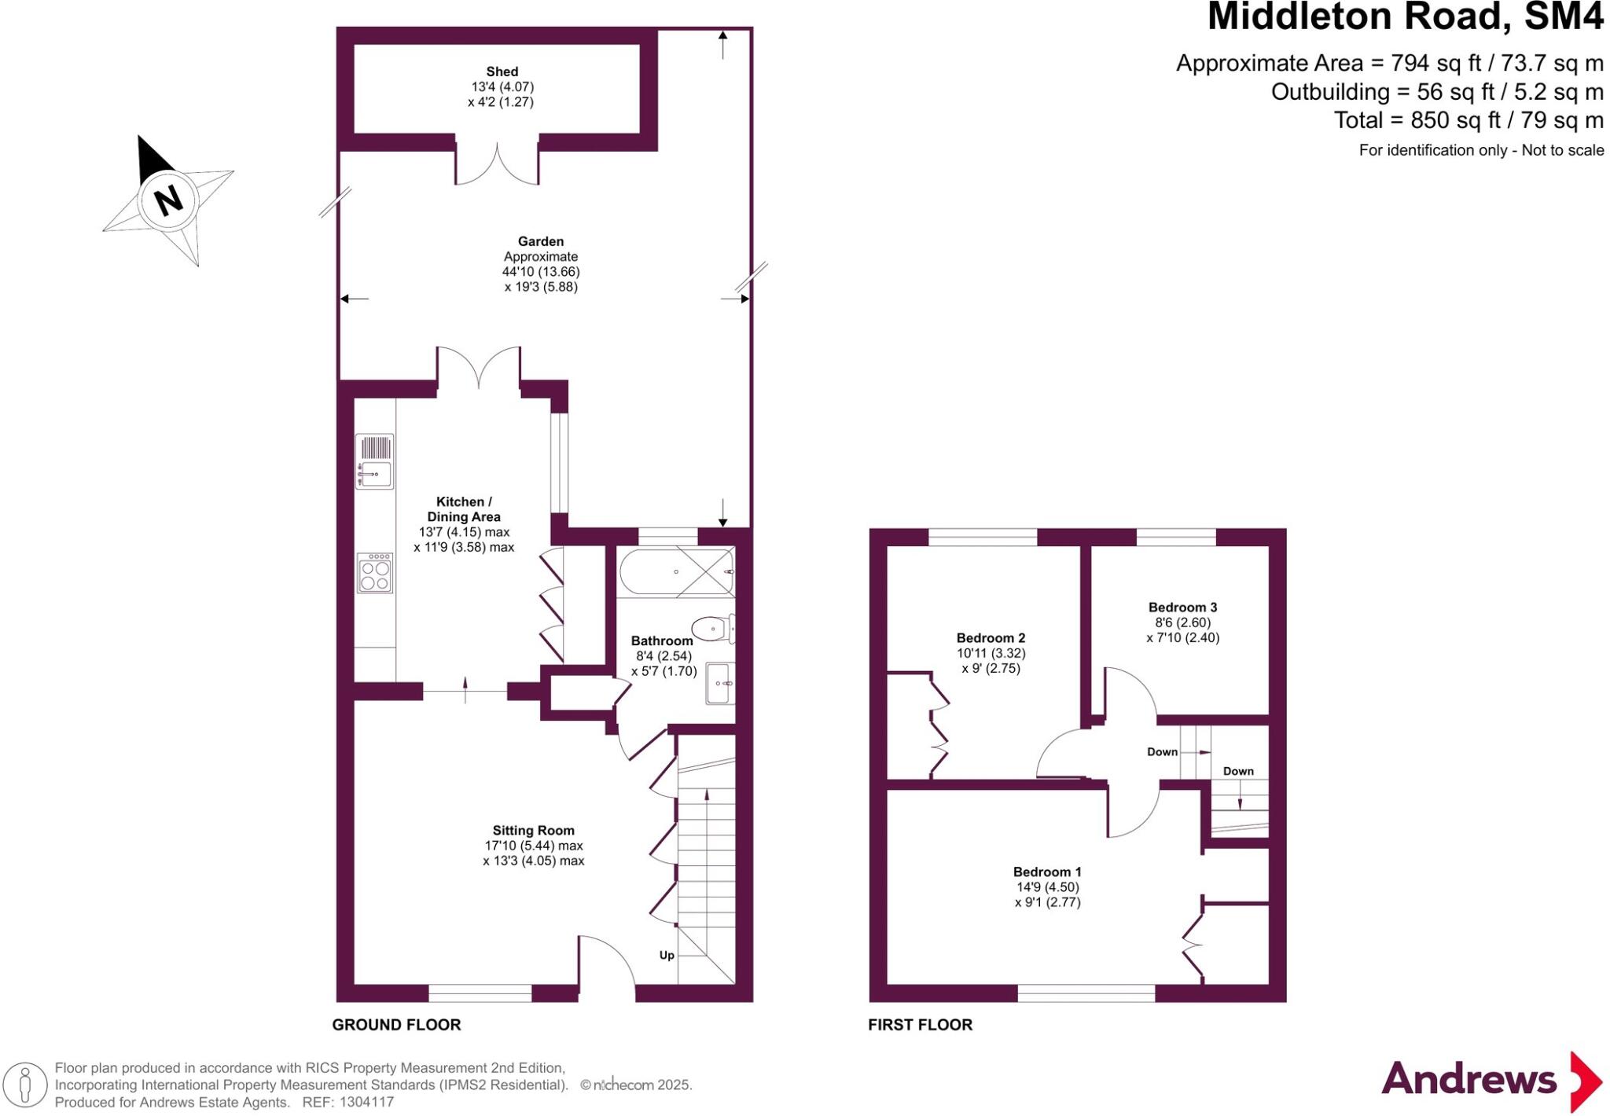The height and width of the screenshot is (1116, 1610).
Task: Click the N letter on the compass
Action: [x=168, y=200]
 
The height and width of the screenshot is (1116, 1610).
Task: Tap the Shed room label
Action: [x=502, y=72]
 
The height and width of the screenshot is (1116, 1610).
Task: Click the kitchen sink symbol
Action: [x=375, y=474]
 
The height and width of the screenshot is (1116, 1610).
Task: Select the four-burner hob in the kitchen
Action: [x=375, y=573]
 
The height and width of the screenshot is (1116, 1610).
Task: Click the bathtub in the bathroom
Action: [x=676, y=572]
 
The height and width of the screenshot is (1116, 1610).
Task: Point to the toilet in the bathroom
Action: [x=711, y=628]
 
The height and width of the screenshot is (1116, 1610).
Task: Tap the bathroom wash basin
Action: [x=719, y=683]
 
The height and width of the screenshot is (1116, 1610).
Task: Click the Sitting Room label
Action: [x=533, y=830]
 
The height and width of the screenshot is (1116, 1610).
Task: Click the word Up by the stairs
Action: [x=667, y=955]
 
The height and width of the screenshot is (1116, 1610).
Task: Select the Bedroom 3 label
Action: [x=1182, y=607]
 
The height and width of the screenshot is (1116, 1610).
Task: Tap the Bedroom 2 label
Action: [x=991, y=637]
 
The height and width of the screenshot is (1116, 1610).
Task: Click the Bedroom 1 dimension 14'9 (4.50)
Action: [x=1047, y=887]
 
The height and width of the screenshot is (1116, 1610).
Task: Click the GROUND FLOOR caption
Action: [x=396, y=1024]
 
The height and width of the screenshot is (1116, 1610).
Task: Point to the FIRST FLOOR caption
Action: [x=920, y=1024]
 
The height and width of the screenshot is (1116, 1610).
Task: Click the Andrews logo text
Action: [x=1468, y=1079]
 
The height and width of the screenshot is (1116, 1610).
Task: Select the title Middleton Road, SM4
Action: [x=1404, y=17]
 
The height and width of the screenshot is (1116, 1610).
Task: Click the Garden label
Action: [x=540, y=241]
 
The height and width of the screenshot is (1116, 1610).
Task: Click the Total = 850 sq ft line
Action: [x=1468, y=120]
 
